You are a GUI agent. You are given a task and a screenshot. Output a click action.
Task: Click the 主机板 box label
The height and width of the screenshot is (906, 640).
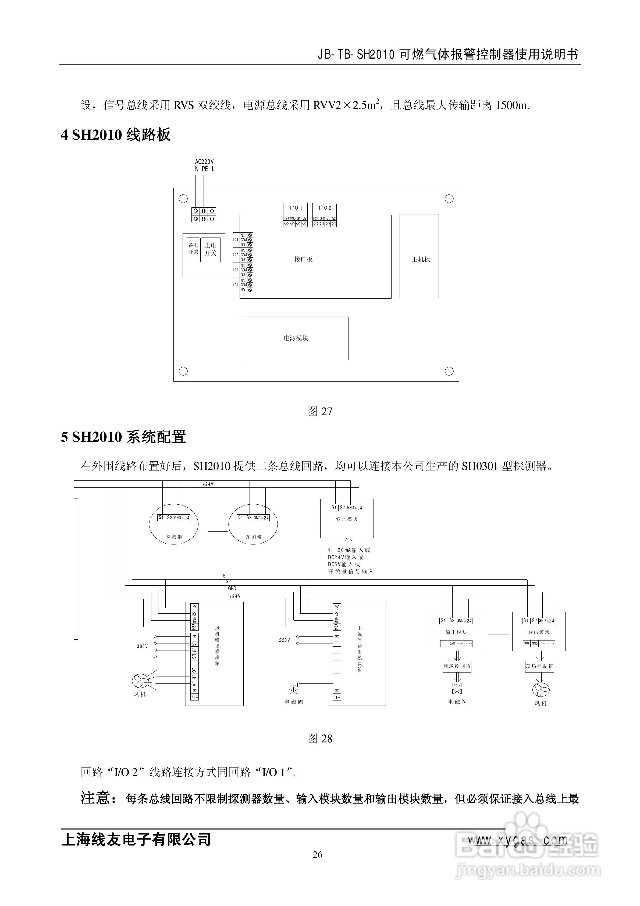(x=421, y=259)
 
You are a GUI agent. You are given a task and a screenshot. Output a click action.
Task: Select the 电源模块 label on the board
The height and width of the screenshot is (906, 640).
(x=296, y=338)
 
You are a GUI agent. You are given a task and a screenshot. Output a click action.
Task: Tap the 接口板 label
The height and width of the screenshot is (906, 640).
(x=303, y=259)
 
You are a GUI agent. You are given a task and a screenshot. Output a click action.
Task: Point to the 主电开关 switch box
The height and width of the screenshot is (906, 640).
(x=210, y=249)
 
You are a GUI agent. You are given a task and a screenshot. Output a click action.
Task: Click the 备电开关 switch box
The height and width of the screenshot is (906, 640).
(x=193, y=249)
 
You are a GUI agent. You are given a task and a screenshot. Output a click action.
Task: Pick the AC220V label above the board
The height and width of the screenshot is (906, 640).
(x=204, y=162)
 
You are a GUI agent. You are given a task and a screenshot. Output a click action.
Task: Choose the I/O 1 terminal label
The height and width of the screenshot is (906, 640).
(x=296, y=208)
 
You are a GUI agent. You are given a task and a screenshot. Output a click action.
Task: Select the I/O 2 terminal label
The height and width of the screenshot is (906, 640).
(x=325, y=208)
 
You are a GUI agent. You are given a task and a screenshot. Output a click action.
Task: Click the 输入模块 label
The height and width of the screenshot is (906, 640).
(x=347, y=519)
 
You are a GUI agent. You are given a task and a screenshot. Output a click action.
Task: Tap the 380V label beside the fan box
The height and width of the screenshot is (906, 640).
(x=143, y=646)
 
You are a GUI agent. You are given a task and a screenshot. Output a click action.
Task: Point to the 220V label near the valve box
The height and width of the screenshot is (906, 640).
(x=285, y=640)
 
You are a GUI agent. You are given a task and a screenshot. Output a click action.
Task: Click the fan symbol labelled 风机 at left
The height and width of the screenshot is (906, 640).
(x=140, y=680)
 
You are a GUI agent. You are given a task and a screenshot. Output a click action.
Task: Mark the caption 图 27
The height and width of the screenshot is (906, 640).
(x=320, y=412)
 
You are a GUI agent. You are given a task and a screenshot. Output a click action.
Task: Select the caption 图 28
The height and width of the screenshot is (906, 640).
(x=320, y=739)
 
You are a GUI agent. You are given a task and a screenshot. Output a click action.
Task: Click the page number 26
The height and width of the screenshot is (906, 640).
(x=318, y=855)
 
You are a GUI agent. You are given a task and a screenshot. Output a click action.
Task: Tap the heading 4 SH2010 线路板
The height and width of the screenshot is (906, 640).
(x=116, y=135)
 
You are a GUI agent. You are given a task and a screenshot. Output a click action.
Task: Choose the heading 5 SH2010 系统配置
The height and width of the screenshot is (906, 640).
(x=123, y=437)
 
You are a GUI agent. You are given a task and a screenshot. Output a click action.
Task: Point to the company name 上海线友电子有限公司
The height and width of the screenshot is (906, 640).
(x=136, y=839)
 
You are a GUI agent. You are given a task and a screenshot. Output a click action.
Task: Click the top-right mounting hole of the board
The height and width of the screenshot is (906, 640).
(x=449, y=199)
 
